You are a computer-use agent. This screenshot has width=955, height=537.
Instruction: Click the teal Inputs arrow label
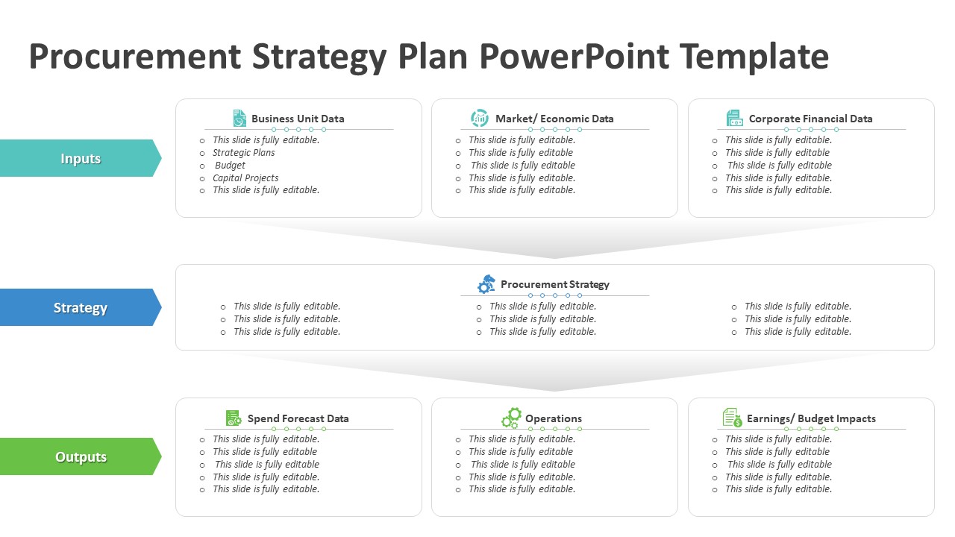80,158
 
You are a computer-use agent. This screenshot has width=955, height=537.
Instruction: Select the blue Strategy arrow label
80,307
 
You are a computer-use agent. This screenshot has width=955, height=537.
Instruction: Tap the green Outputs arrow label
80,456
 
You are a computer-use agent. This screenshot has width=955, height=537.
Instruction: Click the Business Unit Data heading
298,119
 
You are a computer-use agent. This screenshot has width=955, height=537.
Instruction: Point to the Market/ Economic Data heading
554,119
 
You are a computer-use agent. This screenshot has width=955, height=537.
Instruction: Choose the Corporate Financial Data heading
810,119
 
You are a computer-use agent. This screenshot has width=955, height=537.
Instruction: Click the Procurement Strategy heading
554,284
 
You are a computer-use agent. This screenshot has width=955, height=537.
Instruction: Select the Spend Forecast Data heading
298,418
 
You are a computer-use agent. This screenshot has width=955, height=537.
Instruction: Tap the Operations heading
554,418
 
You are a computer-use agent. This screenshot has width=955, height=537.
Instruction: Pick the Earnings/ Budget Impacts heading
811,418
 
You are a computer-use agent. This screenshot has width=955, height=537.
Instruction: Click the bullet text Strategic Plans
243,153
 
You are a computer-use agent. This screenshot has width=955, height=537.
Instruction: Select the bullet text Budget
230,166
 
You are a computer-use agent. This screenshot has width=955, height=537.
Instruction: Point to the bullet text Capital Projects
245,178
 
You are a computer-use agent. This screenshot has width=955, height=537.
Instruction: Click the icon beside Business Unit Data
239,118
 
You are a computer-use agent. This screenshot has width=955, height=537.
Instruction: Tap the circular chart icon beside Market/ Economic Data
480,118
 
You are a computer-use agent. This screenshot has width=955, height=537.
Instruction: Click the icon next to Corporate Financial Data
734,118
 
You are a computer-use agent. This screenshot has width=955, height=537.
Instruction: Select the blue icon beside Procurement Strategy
486,284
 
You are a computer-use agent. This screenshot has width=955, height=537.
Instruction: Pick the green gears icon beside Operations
511,418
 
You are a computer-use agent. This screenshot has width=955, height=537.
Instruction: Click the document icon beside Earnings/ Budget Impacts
733,418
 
